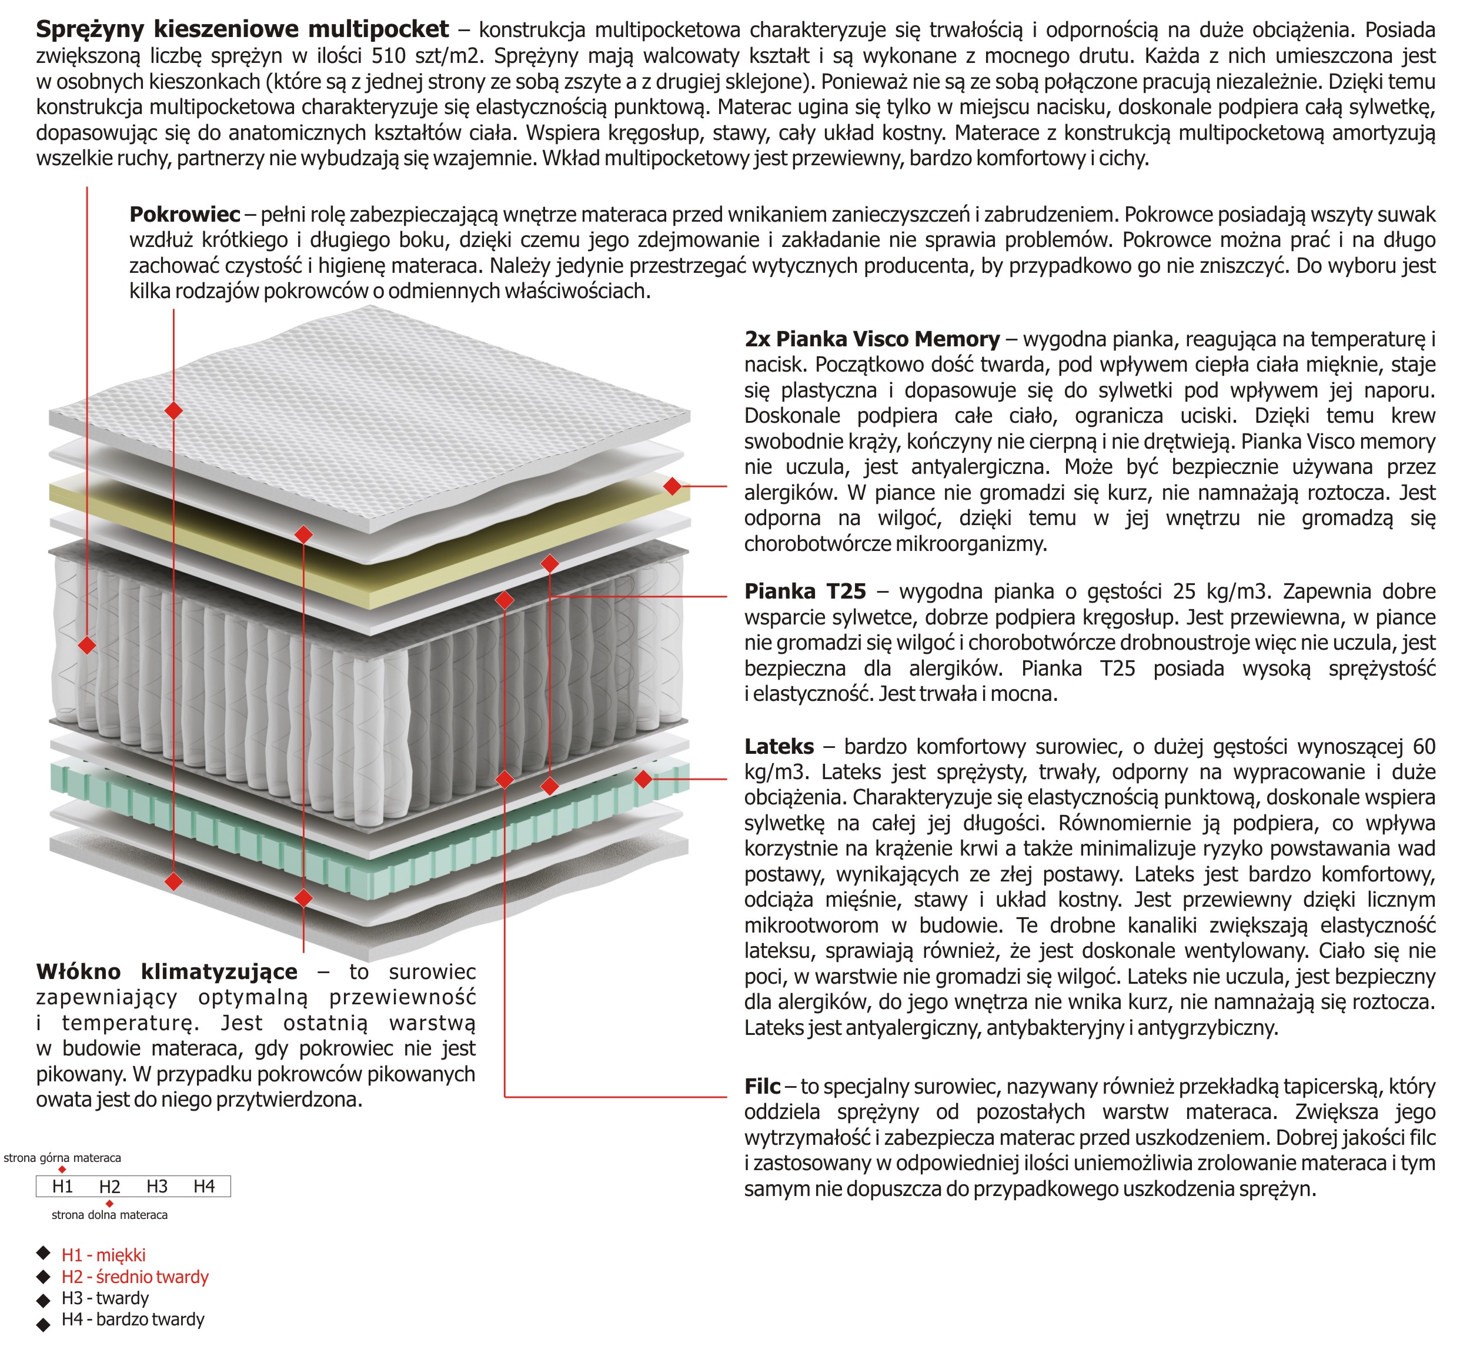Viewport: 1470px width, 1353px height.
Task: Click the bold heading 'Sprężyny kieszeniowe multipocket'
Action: pyautogui.click(x=242, y=29)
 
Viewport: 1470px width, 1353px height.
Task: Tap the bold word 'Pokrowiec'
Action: pyautogui.click(x=185, y=215)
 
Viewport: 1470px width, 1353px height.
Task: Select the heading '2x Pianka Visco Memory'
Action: pyautogui.click(x=871, y=339)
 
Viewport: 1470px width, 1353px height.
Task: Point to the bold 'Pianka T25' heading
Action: pyautogui.click(x=804, y=592)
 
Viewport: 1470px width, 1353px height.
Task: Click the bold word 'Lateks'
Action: pyautogui.click(x=779, y=747)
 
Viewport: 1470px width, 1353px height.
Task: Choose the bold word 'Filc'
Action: pyautogui.click(x=761, y=1087)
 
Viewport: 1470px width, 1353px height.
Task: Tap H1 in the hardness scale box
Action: pyautogui.click(x=62, y=1187)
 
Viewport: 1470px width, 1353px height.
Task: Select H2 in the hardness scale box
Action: pyautogui.click(x=110, y=1187)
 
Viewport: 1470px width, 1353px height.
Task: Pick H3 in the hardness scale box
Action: pyautogui.click(x=156, y=1187)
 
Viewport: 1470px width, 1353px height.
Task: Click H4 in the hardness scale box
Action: pyautogui.click(x=204, y=1187)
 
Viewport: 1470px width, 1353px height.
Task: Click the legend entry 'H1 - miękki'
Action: pyautogui.click(x=103, y=1255)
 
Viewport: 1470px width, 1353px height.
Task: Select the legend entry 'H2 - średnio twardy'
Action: pyautogui.click(x=135, y=1278)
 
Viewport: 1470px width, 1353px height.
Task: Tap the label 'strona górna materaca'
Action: pyautogui.click(x=62, y=1158)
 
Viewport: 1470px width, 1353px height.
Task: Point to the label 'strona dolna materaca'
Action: pyautogui.click(x=110, y=1215)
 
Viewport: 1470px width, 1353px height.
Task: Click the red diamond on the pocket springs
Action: pyautogui.click(x=87, y=645)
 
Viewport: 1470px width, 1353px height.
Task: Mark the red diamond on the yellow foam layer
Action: pyautogui.click(x=672, y=486)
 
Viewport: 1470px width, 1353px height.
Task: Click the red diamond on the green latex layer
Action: pyautogui.click(x=643, y=780)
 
